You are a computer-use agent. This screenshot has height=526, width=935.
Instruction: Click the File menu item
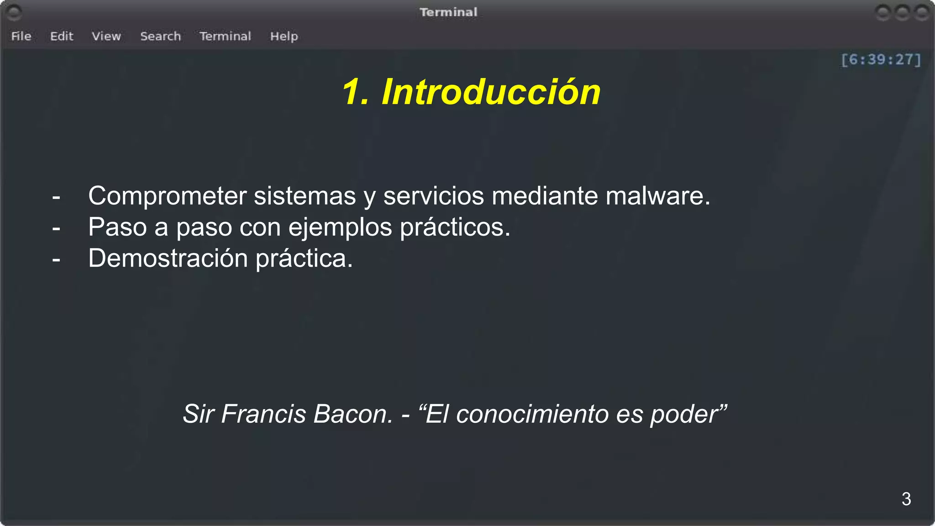pyautogui.click(x=21, y=36)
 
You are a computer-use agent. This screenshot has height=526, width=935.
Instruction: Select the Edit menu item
pyautogui.click(x=62, y=36)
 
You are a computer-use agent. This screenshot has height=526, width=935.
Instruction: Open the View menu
pyautogui.click(x=106, y=36)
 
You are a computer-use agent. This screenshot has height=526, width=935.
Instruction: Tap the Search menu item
pyautogui.click(x=160, y=36)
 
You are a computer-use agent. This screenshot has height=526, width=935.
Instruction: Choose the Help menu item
pyautogui.click(x=284, y=36)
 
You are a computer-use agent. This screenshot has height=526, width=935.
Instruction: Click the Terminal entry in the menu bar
pyautogui.click(x=225, y=36)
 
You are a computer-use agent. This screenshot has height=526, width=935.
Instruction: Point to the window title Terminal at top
pyautogui.click(x=448, y=12)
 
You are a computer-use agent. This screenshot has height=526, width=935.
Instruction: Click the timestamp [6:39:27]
pyautogui.click(x=881, y=59)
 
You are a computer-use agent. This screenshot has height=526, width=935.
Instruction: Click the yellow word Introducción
pyautogui.click(x=491, y=92)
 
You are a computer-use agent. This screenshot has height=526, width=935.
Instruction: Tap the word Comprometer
pyautogui.click(x=167, y=196)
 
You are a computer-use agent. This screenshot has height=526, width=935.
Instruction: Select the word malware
pyautogui.click(x=657, y=196)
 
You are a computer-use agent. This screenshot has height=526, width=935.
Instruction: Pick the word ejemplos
pyautogui.click(x=340, y=227)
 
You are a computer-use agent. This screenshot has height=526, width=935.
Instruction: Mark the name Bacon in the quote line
pyautogui.click(x=352, y=414)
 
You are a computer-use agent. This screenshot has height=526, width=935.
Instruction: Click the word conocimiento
pyautogui.click(x=532, y=414)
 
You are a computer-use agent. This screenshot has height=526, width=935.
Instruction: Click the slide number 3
pyautogui.click(x=906, y=499)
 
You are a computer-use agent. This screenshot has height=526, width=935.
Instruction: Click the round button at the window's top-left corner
pyautogui.click(x=14, y=13)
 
